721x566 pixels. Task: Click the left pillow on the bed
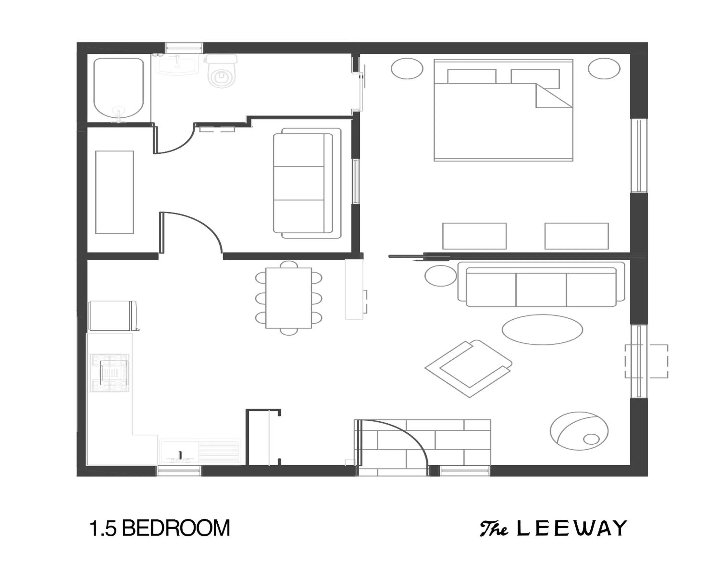tap(471, 77)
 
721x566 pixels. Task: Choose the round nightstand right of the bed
tap(604, 68)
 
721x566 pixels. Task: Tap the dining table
tap(289, 298)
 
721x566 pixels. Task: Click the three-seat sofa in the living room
tap(541, 287)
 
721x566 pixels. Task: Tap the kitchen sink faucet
tap(180, 454)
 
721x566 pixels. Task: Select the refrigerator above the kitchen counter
tap(112, 315)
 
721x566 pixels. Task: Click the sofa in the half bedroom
tap(307, 183)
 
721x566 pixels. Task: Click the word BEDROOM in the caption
tap(176, 528)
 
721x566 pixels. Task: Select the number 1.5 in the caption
tap(103, 528)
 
